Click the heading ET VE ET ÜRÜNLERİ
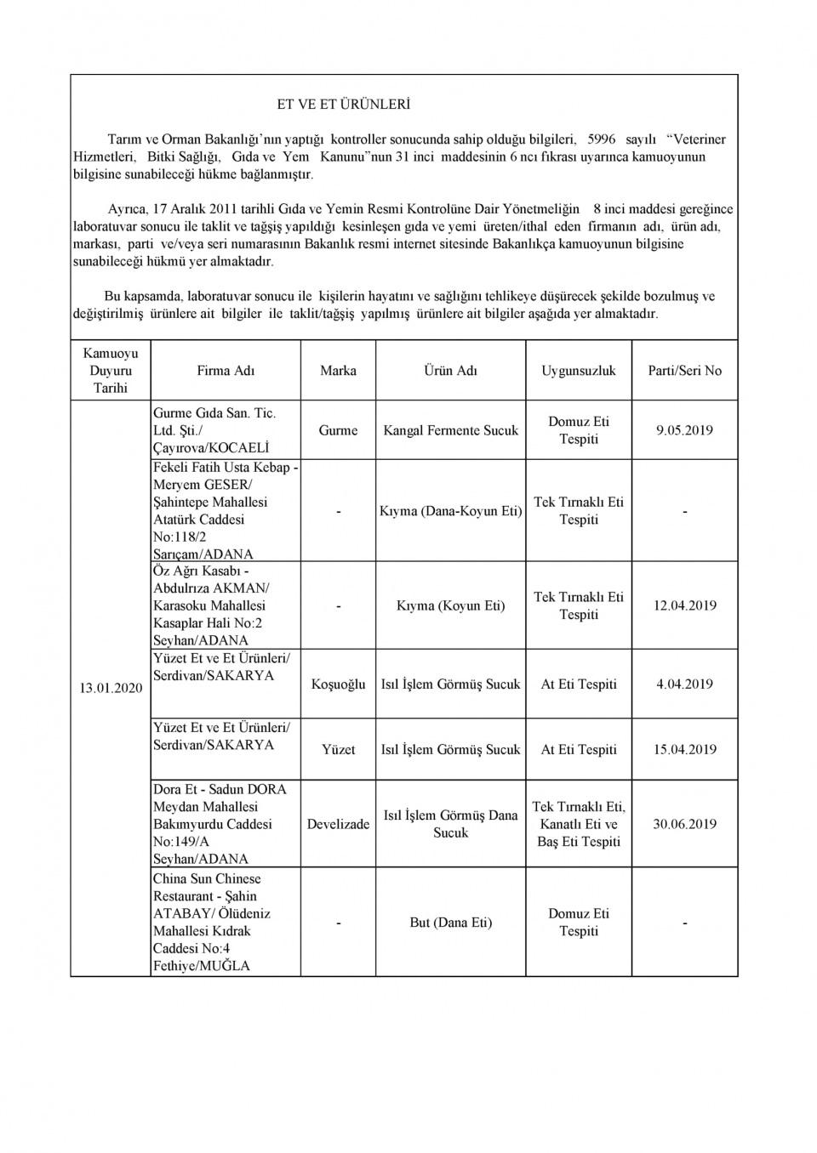point(344,105)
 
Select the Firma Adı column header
point(226,371)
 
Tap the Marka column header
point(338,371)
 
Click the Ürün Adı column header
point(450,371)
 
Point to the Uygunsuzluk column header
point(579,371)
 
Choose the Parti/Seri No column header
point(684,371)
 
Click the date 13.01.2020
point(111,688)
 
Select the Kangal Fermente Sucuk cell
point(450,430)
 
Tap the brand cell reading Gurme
point(338,430)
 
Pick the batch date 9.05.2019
point(684,430)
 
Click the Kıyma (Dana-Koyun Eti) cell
point(450,511)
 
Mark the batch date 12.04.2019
point(684,605)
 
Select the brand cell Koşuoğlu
point(338,684)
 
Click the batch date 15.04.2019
point(684,750)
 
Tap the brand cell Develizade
point(338,824)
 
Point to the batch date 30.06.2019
point(684,824)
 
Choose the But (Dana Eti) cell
point(450,923)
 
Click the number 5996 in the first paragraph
point(602,139)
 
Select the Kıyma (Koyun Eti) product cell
point(450,605)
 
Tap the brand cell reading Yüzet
point(338,750)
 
